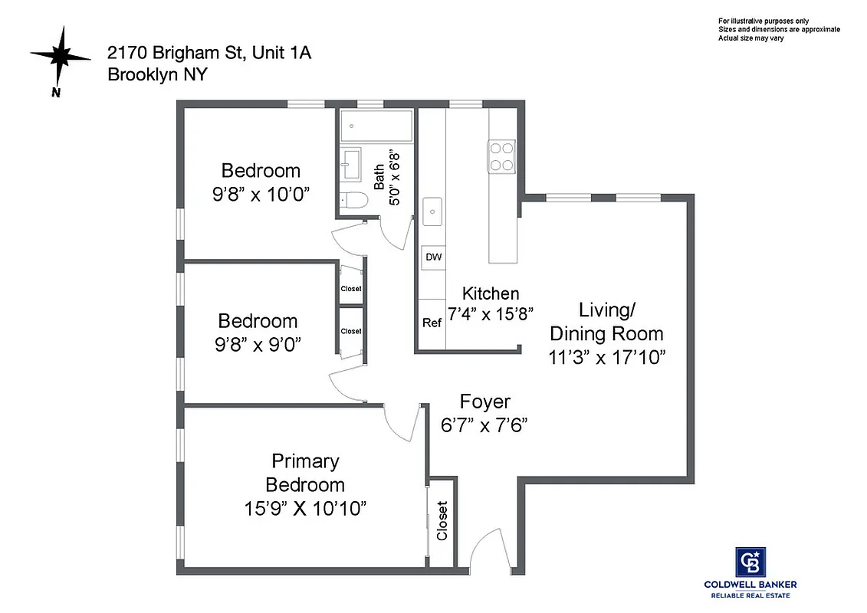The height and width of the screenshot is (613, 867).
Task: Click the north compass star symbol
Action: [61, 55]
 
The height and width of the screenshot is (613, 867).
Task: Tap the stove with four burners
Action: [502, 156]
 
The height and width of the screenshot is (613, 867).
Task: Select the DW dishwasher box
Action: [433, 257]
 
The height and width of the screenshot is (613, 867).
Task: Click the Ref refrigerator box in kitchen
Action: [432, 323]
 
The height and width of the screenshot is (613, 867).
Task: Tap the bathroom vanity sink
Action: [351, 163]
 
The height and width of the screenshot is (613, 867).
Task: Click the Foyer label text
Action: [484, 402]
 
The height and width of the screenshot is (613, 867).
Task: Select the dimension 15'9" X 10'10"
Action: [305, 507]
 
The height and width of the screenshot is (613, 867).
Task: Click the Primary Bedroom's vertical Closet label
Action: [442, 521]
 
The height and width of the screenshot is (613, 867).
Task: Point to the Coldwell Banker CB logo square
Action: [750, 562]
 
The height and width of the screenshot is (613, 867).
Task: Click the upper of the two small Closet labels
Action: [351, 289]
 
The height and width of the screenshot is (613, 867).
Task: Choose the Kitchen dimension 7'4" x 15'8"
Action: [490, 313]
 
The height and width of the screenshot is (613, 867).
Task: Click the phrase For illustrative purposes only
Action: [763, 21]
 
